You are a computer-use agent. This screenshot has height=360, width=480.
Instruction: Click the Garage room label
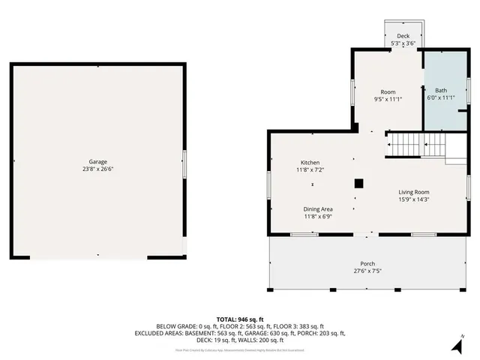coord(97,161)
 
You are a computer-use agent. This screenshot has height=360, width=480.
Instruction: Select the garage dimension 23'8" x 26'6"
coord(97,169)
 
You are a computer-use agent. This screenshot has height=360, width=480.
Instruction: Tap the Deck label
coord(403,36)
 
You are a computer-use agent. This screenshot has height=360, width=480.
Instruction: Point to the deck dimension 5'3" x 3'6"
coord(403,43)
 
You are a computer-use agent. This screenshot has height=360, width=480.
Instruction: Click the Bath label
coord(440,90)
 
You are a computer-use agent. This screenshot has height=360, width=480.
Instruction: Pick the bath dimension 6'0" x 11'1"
coord(440,97)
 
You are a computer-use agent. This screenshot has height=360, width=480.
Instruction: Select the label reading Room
coord(388,91)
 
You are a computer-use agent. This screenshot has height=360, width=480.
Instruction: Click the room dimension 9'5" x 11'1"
coord(388,99)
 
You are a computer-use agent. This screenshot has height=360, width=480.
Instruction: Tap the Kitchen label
coord(310,163)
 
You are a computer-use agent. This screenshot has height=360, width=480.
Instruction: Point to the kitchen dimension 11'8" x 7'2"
coord(310,170)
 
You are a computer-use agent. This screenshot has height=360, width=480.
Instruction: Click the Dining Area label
coord(318,209)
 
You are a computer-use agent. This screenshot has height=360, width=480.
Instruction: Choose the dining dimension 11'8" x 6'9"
coord(318,217)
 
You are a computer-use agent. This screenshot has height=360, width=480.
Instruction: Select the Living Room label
coord(414,192)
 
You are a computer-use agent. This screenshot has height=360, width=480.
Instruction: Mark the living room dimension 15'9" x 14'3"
coord(414,199)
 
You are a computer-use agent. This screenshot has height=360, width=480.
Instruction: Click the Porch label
coord(367,263)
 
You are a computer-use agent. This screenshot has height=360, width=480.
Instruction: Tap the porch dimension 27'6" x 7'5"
coord(367,271)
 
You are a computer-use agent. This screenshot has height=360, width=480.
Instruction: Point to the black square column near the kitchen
coord(359,182)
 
